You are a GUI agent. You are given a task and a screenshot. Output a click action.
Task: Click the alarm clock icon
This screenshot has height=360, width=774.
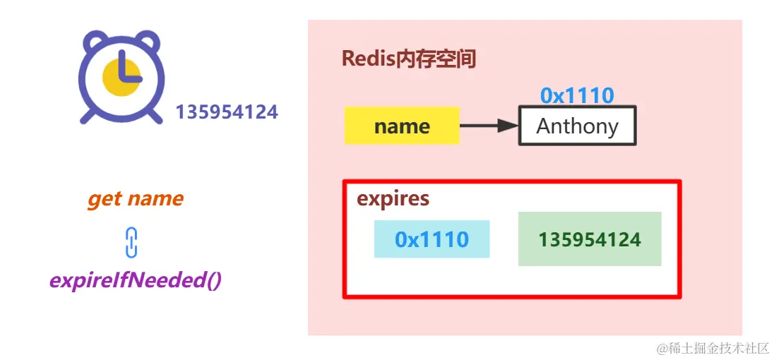(x=122, y=76)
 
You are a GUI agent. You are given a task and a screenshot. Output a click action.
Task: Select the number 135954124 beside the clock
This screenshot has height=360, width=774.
(x=227, y=112)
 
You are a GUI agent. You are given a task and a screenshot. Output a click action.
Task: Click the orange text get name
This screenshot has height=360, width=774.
(x=135, y=199)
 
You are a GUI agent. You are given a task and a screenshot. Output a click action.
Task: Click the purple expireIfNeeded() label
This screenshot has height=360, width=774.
(x=135, y=280)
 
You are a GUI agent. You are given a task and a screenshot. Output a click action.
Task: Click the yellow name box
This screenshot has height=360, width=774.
(x=402, y=126)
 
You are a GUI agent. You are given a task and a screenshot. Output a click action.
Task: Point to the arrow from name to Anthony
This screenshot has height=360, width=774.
(x=489, y=126)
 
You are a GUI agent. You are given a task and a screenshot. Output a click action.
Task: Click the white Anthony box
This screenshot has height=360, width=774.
(x=577, y=126)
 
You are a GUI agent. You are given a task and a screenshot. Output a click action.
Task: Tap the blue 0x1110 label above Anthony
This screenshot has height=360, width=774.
(x=577, y=96)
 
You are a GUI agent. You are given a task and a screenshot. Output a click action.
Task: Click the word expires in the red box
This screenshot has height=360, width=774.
(x=393, y=198)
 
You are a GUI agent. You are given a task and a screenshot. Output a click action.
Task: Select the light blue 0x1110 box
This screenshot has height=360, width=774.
(x=431, y=239)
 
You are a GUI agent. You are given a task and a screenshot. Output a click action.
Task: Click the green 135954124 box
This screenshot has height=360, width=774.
(x=590, y=239)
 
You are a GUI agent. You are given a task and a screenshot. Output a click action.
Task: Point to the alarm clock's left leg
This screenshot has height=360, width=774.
(x=88, y=115)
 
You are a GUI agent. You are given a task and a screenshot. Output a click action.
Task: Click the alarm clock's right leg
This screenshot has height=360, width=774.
(x=155, y=115)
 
